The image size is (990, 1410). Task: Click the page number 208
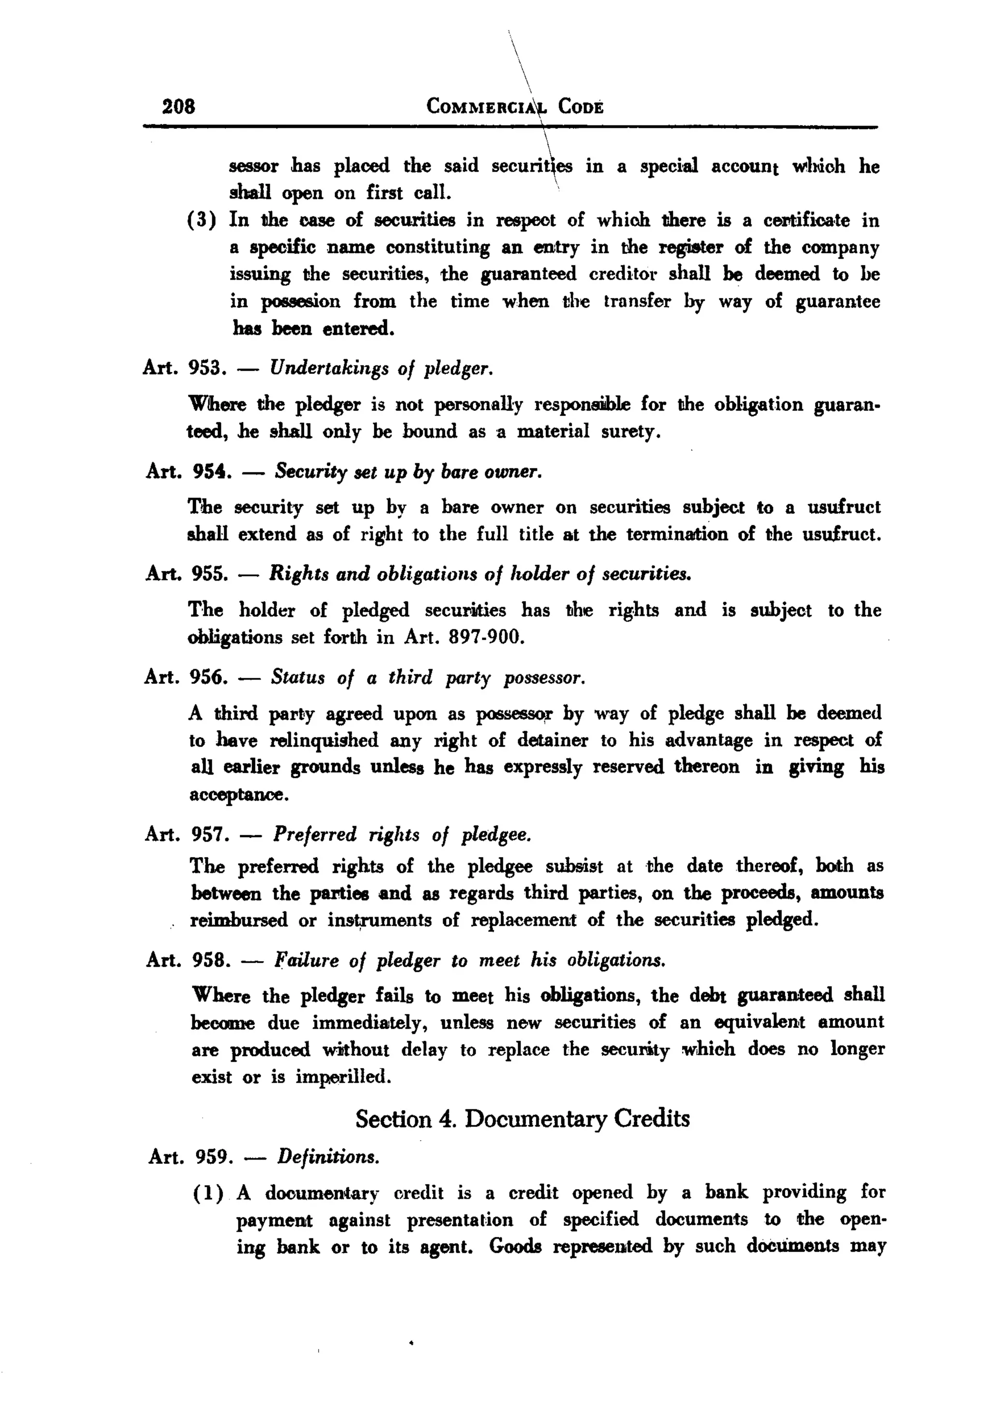click(x=178, y=106)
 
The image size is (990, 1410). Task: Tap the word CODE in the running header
click(x=581, y=107)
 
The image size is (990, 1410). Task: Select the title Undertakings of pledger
click(x=381, y=369)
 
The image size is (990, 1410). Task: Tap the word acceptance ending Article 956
click(x=238, y=795)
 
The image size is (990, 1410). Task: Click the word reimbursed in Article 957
click(x=238, y=920)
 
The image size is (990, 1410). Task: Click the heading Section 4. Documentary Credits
click(x=523, y=1118)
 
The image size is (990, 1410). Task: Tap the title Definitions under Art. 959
click(x=328, y=1157)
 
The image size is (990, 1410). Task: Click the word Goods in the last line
click(x=515, y=1246)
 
